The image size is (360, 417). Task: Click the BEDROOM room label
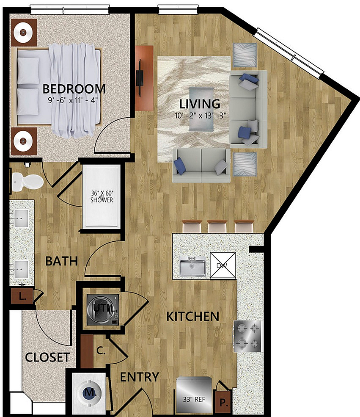point(74,89)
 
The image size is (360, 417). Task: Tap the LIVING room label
point(200,104)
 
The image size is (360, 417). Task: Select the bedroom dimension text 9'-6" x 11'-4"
point(73,100)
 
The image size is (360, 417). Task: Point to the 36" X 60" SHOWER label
point(102,196)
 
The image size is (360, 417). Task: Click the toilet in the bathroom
point(27,181)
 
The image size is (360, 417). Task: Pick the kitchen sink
point(192,267)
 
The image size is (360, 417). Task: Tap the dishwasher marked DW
point(223,265)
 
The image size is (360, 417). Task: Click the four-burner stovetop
point(247,336)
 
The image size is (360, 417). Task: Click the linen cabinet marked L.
point(22,295)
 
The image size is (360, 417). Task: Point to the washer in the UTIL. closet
point(103,309)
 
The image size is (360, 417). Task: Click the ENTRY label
point(140,377)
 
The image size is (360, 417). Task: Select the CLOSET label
point(47,357)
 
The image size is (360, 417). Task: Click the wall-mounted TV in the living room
point(140,78)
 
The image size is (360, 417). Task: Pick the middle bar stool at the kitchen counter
point(217,226)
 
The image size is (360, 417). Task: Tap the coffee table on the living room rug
point(201,109)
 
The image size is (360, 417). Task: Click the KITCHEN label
point(192,317)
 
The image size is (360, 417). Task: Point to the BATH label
point(62,261)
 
